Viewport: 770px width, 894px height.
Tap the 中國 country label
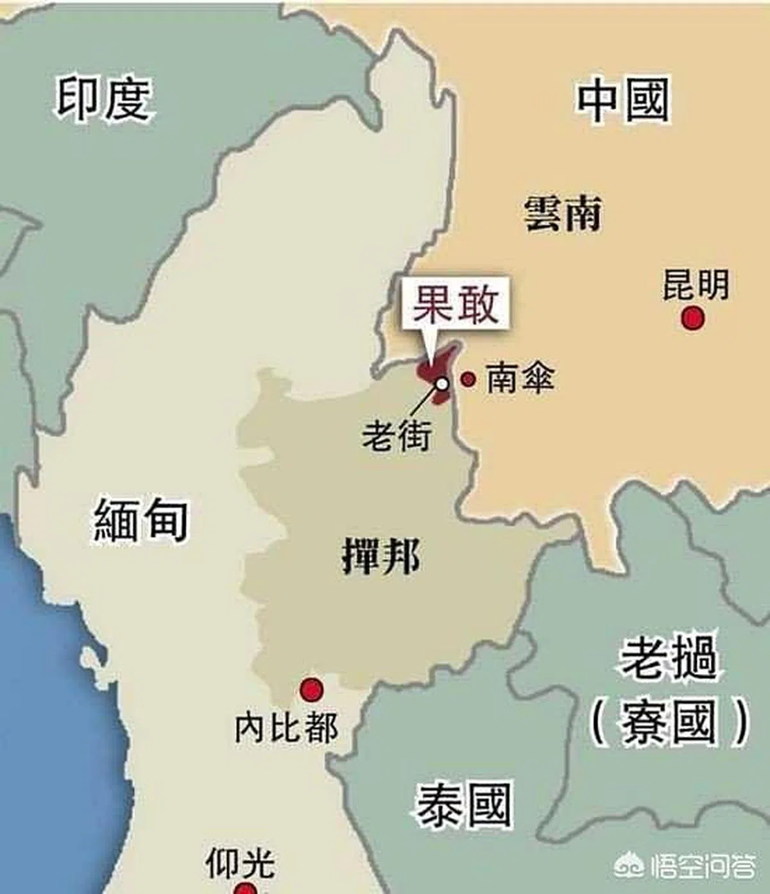[x=622, y=100]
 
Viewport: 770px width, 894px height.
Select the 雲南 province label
[x=563, y=214]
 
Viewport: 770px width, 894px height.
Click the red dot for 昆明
[x=692, y=317]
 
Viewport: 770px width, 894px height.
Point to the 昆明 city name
[x=696, y=285]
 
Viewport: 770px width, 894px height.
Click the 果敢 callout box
[x=456, y=304]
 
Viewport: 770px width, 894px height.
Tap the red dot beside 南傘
[x=468, y=379]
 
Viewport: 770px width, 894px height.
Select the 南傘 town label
[x=519, y=378]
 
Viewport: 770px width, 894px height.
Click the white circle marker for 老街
[x=442, y=384]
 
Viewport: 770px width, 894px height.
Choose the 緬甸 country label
[x=141, y=519]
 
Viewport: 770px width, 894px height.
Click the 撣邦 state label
[x=381, y=555]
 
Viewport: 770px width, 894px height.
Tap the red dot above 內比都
[x=312, y=689]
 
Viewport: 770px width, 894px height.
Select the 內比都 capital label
[x=286, y=728]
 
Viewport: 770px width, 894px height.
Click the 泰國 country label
[x=464, y=805]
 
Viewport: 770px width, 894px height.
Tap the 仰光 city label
[x=240, y=863]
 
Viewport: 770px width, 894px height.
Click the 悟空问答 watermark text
[x=703, y=868]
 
